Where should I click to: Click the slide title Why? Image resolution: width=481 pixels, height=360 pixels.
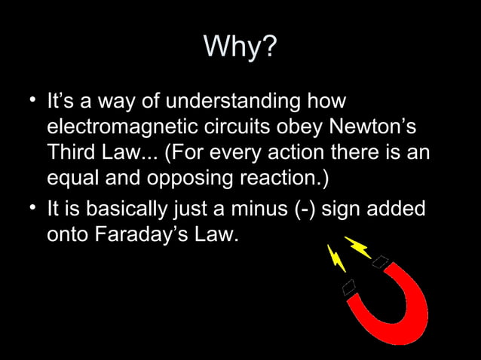[x=240, y=48]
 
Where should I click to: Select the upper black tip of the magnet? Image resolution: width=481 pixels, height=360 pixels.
[x=381, y=262]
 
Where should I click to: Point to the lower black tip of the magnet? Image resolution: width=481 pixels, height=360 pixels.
[x=348, y=287]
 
